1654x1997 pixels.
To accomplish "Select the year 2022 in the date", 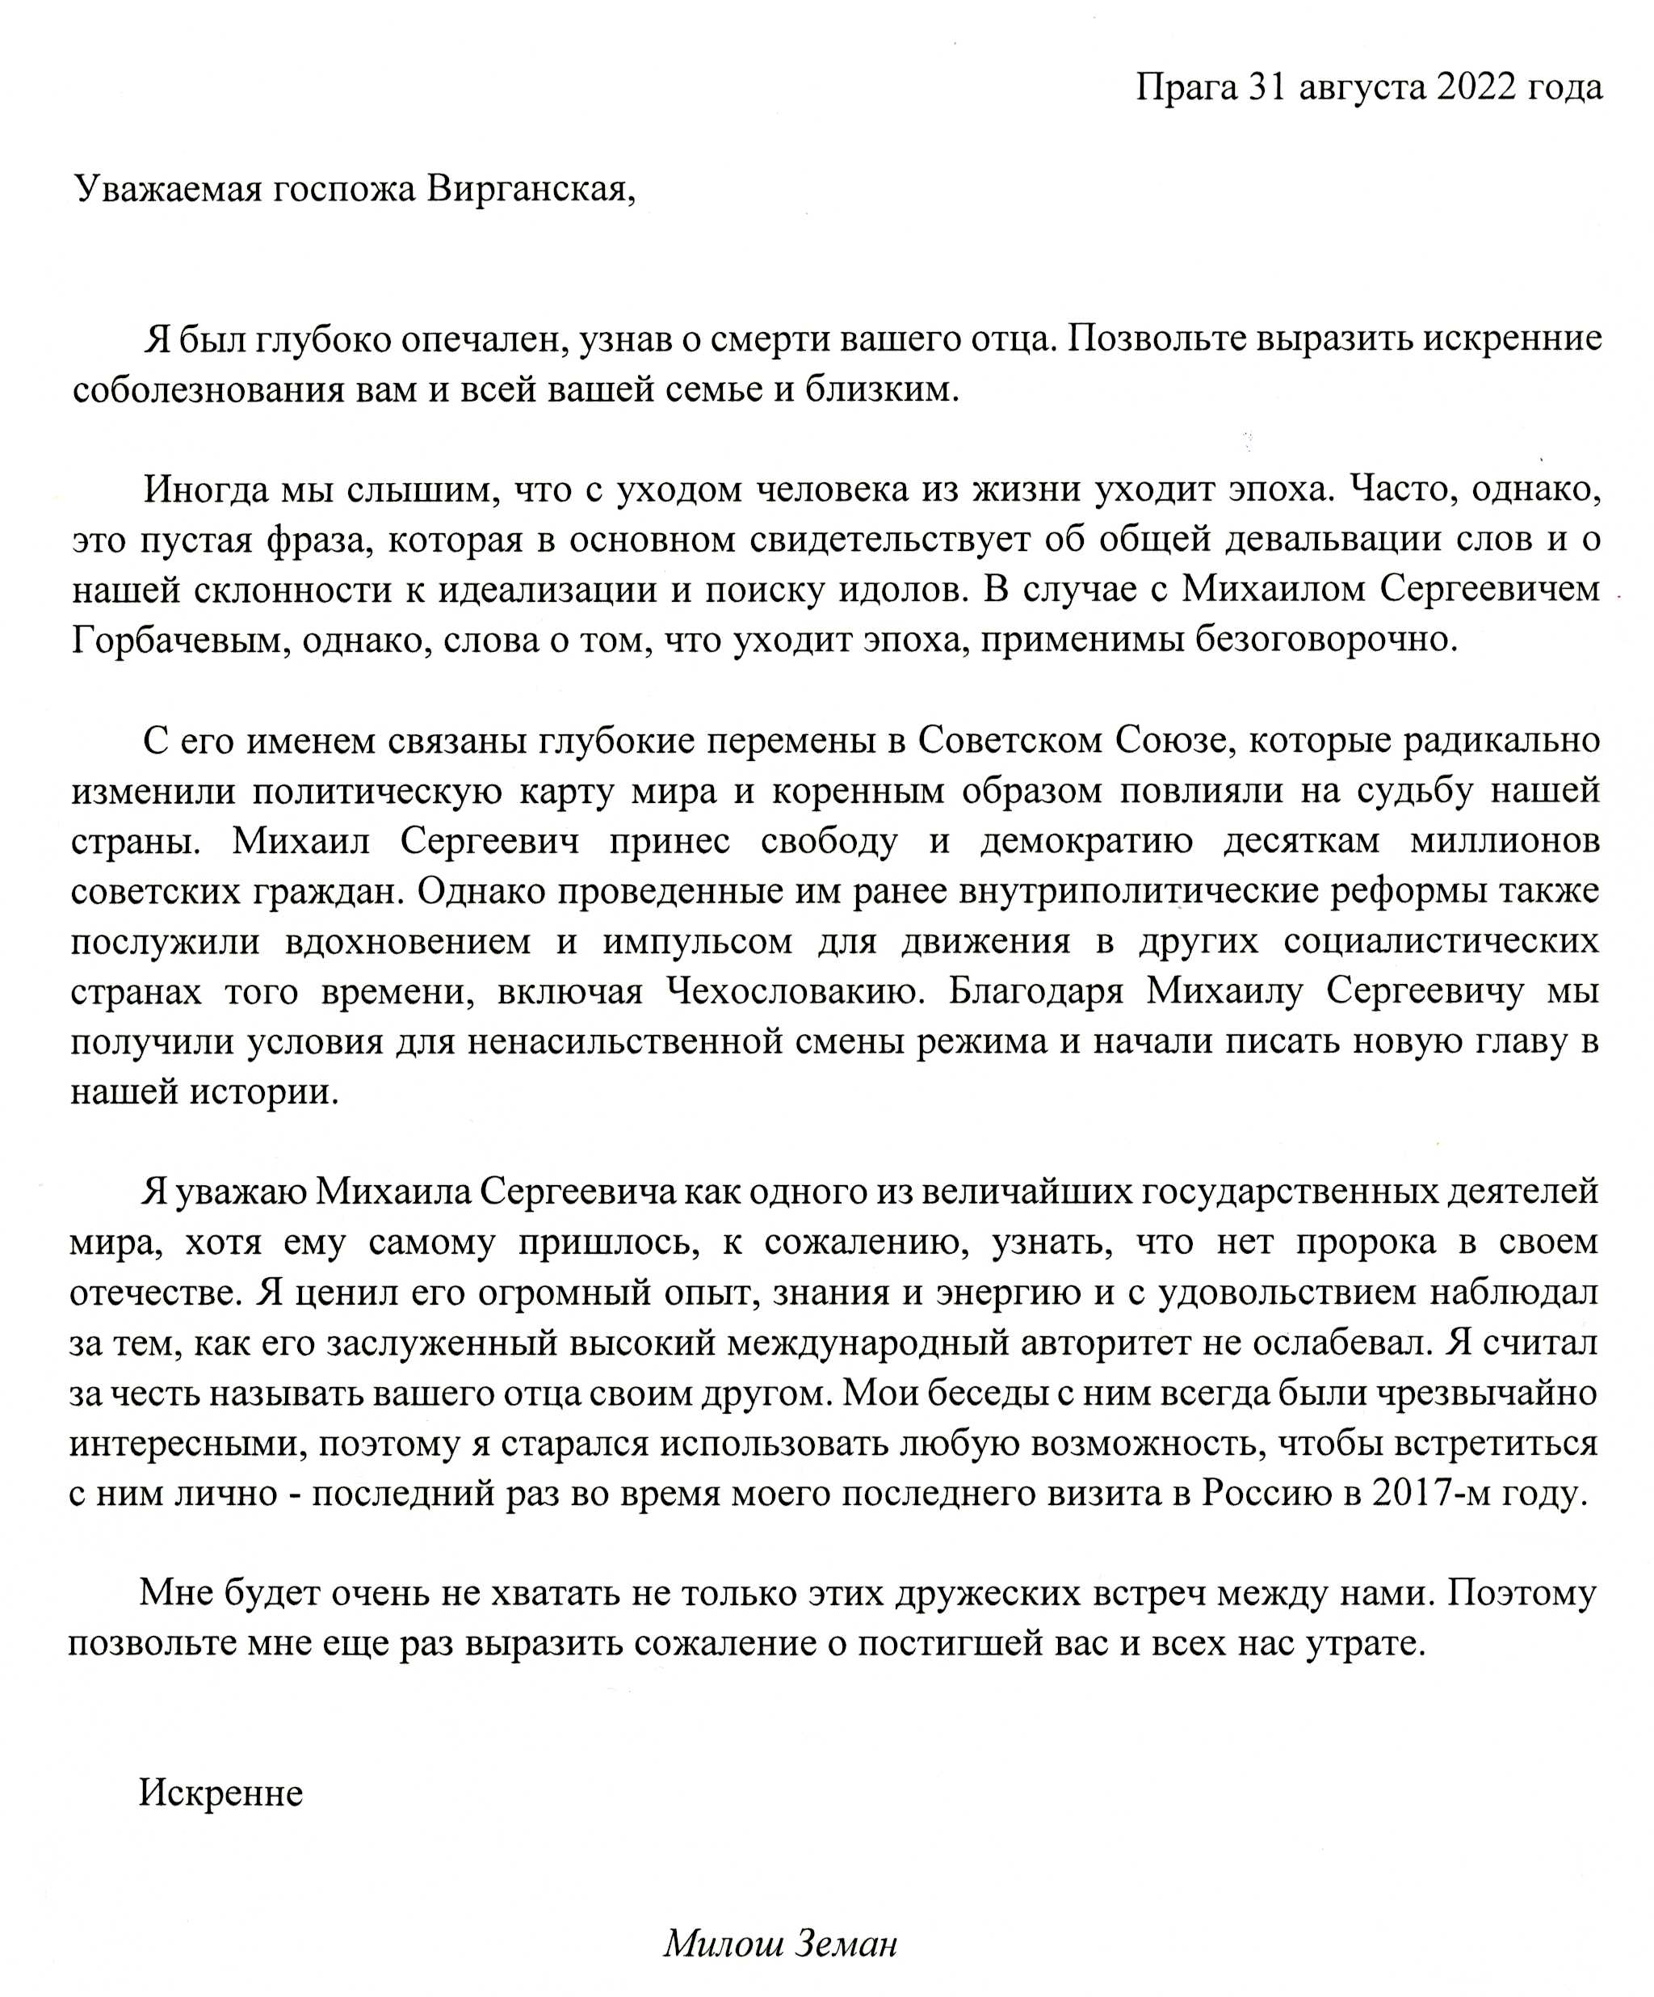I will [1476, 87].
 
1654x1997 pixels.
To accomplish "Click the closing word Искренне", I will [220, 1793].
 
